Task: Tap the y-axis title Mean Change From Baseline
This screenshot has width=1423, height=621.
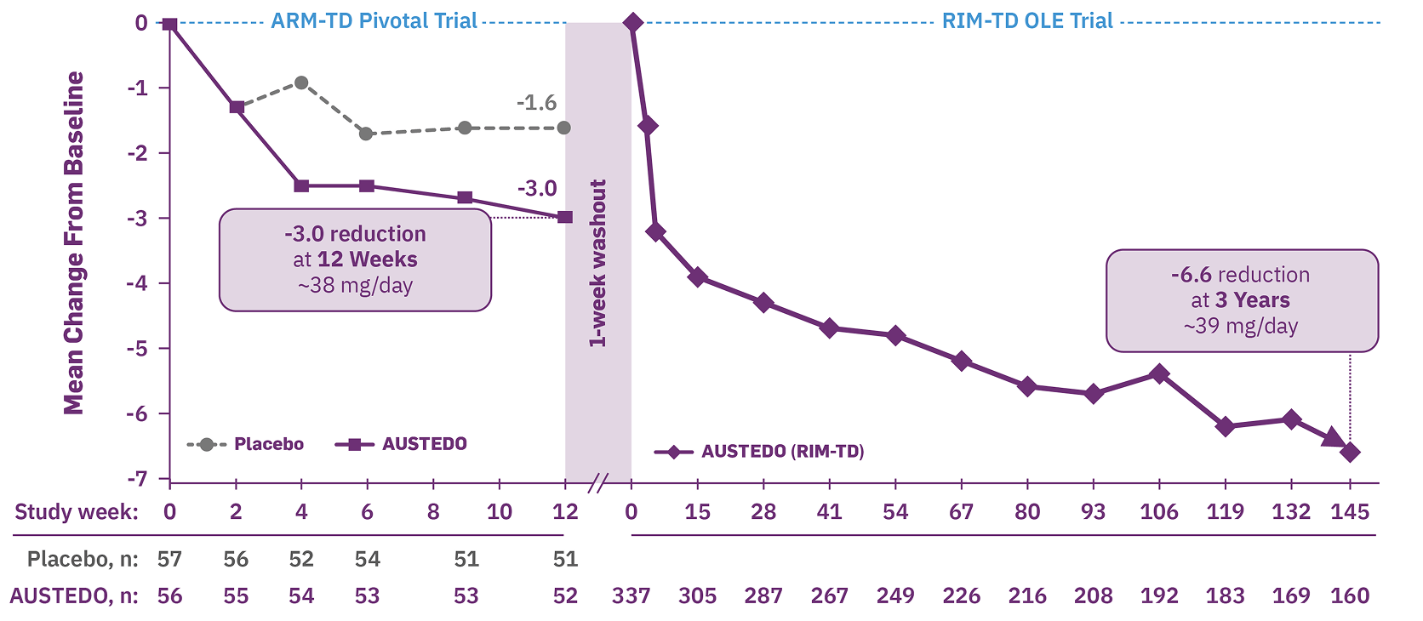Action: pyautogui.click(x=74, y=242)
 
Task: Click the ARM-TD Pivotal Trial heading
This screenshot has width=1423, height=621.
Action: pyautogui.click(x=374, y=21)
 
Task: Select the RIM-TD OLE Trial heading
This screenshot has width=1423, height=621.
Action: pyautogui.click(x=1027, y=21)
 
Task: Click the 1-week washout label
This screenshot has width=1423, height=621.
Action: pyautogui.click(x=598, y=264)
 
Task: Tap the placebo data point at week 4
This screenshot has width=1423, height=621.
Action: pyautogui.click(x=301, y=83)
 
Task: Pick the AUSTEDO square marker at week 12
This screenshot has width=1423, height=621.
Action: pyautogui.click(x=565, y=217)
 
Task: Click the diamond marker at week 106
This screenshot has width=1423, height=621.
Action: pyautogui.click(x=1159, y=374)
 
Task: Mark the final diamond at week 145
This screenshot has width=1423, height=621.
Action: pyautogui.click(x=1350, y=453)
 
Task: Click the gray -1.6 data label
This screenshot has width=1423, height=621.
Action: pyautogui.click(x=536, y=103)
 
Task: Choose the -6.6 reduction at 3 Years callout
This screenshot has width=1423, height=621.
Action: pyautogui.click(x=1241, y=300)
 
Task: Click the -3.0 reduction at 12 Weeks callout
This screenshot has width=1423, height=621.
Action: pyautogui.click(x=355, y=259)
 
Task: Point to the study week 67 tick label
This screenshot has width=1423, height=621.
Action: pyautogui.click(x=961, y=512)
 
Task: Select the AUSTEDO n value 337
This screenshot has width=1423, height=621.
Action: pyautogui.click(x=631, y=595)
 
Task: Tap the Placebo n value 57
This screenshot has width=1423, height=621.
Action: pyautogui.click(x=169, y=559)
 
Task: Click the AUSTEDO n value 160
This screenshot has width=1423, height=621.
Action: pyautogui.click(x=1350, y=595)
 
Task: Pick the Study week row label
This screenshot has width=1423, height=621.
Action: pyautogui.click(x=76, y=512)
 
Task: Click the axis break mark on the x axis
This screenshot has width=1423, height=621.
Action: pyautogui.click(x=598, y=484)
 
